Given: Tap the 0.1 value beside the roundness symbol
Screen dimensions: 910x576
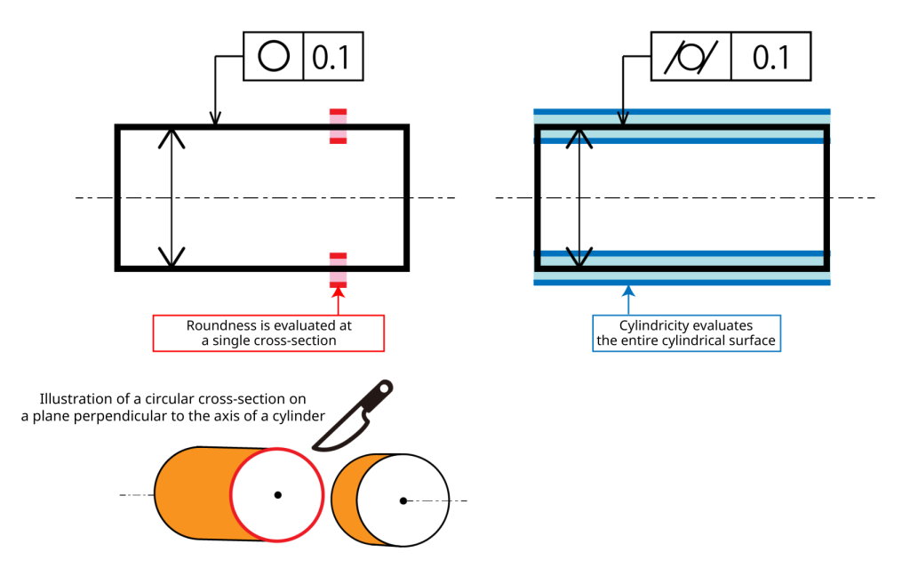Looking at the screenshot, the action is point(331,58).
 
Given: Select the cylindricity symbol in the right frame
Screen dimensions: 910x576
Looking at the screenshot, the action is point(690,57).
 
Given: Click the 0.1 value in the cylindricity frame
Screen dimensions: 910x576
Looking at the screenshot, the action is point(771,58).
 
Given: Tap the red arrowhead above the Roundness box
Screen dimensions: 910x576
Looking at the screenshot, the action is point(339,292).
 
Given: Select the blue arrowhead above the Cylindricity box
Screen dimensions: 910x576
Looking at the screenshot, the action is point(628,291).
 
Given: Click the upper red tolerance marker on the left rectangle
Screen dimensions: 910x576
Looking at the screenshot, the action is point(339,126).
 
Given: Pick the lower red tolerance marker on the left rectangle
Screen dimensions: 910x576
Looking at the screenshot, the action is point(339,270).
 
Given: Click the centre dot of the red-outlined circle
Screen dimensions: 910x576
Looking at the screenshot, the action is point(278,495).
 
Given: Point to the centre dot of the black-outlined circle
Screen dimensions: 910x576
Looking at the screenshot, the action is point(403,500).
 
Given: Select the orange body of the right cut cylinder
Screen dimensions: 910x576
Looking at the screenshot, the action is point(346,500).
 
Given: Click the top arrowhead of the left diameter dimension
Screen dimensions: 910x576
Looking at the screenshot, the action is point(172,138).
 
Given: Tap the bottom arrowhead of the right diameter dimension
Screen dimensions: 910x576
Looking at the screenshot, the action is point(579,257).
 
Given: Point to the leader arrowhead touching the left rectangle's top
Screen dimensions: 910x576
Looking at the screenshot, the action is point(215,117).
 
